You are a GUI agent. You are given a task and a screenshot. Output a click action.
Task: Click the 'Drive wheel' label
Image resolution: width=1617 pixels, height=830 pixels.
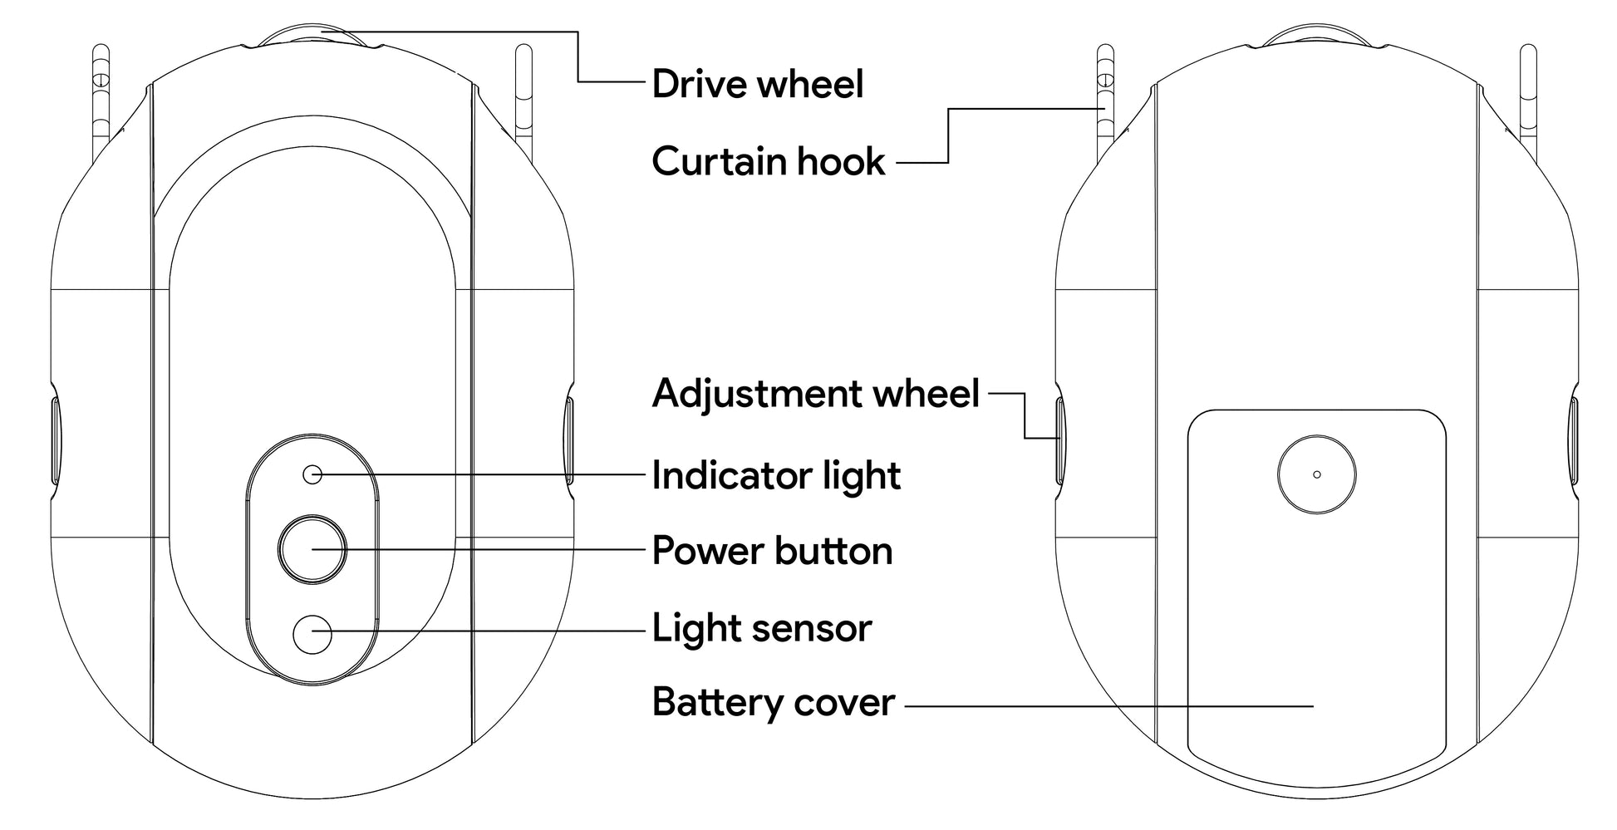pyautogui.click(x=757, y=84)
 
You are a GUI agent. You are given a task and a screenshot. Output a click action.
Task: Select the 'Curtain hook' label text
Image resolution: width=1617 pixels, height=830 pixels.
pyautogui.click(x=768, y=161)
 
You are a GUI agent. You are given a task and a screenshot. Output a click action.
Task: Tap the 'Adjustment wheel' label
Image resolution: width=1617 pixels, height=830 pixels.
pyautogui.click(x=815, y=393)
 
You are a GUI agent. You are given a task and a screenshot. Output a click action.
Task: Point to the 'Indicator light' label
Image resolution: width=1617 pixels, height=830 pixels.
pyautogui.click(x=775, y=475)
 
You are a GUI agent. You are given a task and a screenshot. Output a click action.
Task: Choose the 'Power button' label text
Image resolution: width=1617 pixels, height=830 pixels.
pyautogui.click(x=772, y=551)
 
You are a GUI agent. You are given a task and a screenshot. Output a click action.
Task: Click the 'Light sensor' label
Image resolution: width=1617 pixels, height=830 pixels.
pyautogui.click(x=761, y=628)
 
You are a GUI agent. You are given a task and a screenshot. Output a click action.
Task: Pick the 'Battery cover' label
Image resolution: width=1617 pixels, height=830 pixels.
pyautogui.click(x=773, y=703)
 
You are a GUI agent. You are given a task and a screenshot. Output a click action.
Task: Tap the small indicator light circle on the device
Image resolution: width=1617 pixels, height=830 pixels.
pyautogui.click(x=312, y=474)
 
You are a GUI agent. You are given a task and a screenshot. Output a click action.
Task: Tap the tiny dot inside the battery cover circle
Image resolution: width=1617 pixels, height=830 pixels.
pyautogui.click(x=1316, y=474)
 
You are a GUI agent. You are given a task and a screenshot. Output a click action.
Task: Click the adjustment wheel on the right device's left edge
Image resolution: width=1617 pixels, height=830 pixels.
pyautogui.click(x=1061, y=440)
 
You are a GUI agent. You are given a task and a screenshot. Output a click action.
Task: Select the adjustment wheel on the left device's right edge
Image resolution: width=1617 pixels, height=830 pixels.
pyautogui.click(x=569, y=440)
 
